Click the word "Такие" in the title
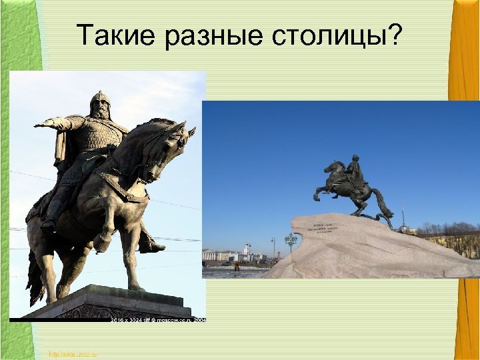[116, 35]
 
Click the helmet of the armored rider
[100, 99]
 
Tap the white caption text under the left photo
[158, 320]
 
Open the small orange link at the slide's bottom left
[73, 353]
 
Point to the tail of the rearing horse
[384, 203]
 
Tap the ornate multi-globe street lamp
[291, 240]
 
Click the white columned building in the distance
[220, 255]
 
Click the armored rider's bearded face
[101, 110]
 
